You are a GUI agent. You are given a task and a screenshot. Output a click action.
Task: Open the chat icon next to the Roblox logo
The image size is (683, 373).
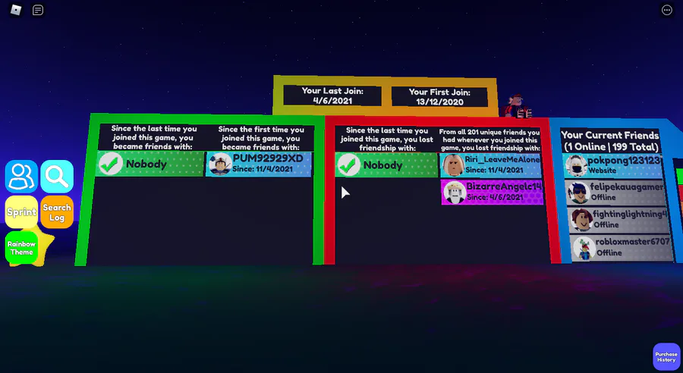38,10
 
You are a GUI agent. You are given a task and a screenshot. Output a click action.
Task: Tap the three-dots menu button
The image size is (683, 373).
667,10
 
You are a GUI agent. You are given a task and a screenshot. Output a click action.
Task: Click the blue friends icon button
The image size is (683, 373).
21,176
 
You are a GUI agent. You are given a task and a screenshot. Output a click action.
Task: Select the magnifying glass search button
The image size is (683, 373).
57,176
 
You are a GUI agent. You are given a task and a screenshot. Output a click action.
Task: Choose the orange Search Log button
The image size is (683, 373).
57,212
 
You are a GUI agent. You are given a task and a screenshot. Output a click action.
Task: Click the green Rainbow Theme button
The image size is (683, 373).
21,248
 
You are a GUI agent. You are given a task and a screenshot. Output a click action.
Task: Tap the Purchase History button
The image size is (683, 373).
666,356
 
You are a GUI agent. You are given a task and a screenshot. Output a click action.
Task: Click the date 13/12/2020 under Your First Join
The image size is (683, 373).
439,102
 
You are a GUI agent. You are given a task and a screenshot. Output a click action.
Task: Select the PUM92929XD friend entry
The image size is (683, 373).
259,164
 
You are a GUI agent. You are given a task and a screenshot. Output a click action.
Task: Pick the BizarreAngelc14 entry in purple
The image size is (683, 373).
492,192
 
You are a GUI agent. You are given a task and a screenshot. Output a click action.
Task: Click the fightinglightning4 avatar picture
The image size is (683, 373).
581,220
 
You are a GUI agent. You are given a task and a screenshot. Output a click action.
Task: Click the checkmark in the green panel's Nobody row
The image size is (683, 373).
111,164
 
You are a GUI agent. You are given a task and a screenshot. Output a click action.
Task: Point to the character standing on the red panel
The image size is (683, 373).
521,106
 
